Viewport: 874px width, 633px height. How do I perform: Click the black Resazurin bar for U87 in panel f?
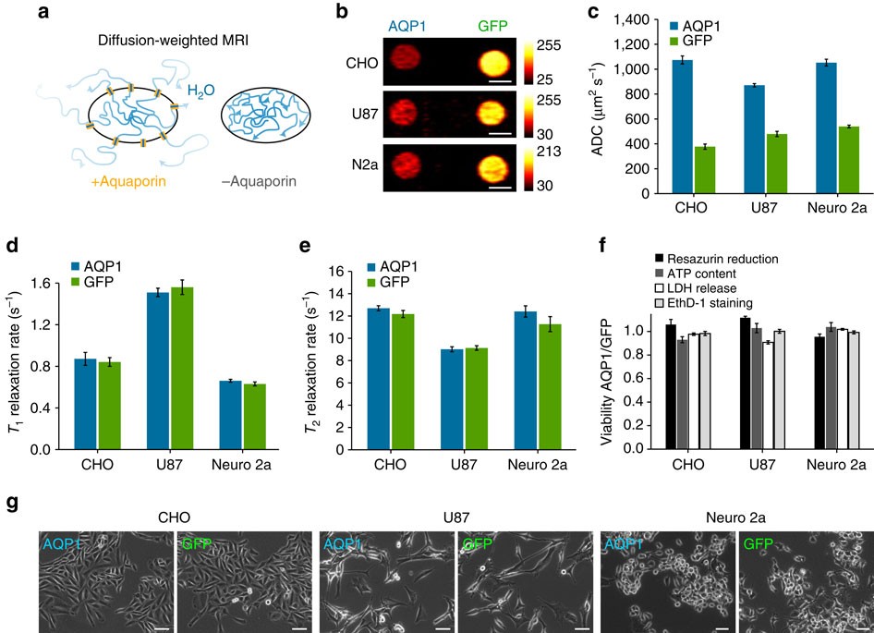pyautogui.click(x=746, y=383)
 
